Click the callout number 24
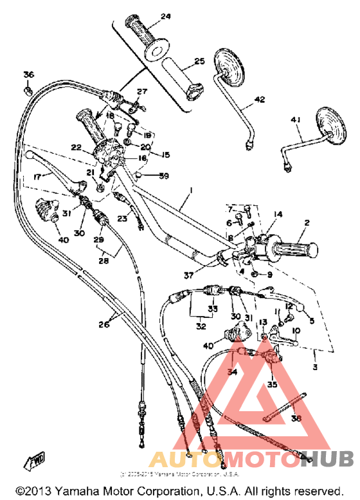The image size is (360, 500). pos(166,16)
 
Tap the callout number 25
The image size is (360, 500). pos(199,62)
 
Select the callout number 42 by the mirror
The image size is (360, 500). pos(259,100)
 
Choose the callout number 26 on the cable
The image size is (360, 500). pos(104,324)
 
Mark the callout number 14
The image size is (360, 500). pos(278,214)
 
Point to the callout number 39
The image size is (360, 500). pos(164,176)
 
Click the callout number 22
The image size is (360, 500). pos(76,147)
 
